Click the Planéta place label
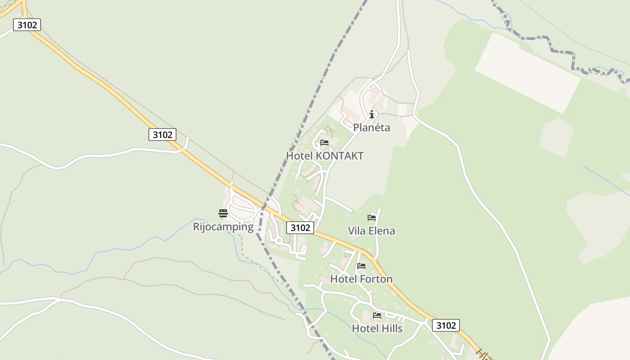[371, 127]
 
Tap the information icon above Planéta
[372, 114]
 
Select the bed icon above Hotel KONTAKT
[324, 143]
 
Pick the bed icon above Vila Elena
[371, 218]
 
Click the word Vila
[357, 231]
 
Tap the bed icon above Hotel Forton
[361, 266]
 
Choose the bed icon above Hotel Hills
[377, 315]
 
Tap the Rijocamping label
[223, 226]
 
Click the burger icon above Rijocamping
[223, 213]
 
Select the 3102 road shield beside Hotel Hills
[445, 325]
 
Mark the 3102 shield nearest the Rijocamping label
[300, 228]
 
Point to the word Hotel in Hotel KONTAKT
[300, 156]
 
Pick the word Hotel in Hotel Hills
[365, 328]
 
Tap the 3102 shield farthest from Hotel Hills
[27, 25]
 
